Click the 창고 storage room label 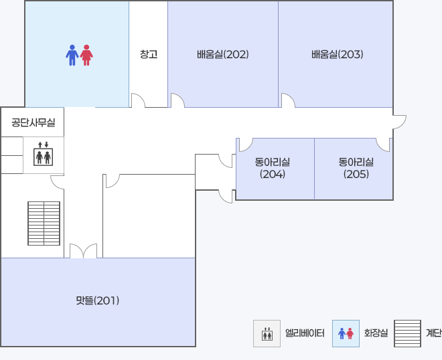coord(149,54)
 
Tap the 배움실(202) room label coord(223,54)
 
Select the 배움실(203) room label coord(337,54)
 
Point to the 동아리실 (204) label coord(273,168)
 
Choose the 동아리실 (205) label coord(356,168)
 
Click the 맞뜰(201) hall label coord(98,300)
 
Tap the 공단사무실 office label coord(33,122)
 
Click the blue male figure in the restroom coord(72,56)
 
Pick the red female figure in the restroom coord(86,56)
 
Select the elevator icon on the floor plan coord(43,154)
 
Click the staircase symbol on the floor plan coord(44,223)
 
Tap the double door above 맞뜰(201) coord(84,251)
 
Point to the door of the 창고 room coord(138,100)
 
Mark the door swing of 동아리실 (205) coord(383,145)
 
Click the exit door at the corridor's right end coord(399,122)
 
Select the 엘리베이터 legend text coord(305,333)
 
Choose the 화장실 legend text coord(376,333)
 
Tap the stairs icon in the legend coord(407,333)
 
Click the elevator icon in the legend coord(267,333)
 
